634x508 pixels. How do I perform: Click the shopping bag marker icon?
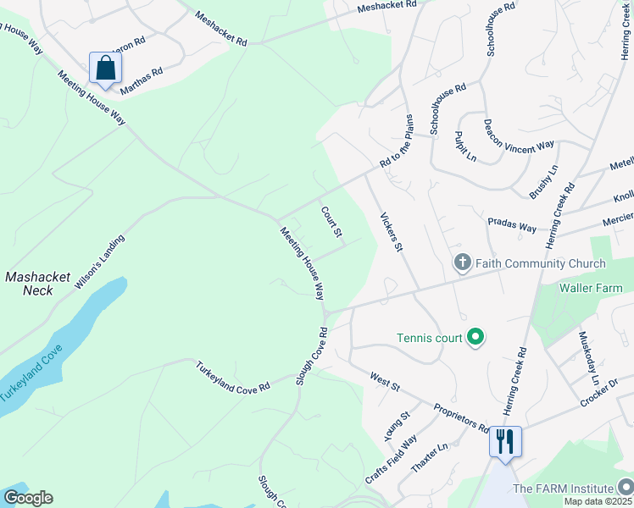(105, 69)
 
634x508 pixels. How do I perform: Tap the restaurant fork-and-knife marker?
(504, 441)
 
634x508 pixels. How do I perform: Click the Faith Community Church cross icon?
(462, 263)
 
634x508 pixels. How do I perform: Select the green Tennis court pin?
(475, 338)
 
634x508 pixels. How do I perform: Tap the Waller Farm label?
(590, 288)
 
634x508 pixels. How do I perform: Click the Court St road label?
(331, 221)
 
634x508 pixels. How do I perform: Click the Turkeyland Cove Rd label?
(232, 377)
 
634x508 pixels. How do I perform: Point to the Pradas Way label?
(512, 225)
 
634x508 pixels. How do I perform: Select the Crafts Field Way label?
(392, 460)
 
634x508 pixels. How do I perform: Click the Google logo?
(28, 498)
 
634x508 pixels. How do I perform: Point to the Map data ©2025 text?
(598, 501)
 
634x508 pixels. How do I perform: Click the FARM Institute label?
(563, 489)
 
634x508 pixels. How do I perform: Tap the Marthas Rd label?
(141, 81)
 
